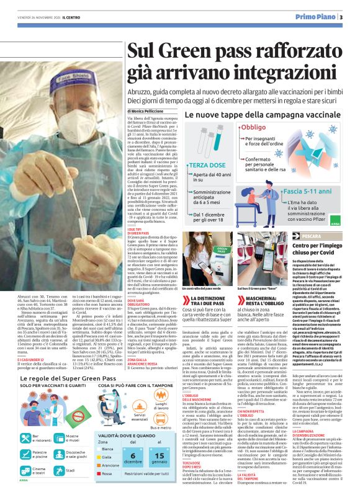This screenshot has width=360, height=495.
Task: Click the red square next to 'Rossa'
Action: click(x=81, y=473)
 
